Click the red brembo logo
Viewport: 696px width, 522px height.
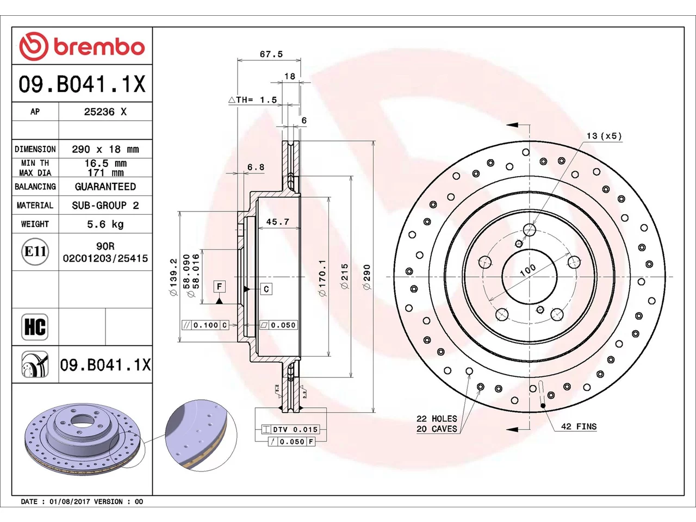pyautogui.click(x=82, y=46)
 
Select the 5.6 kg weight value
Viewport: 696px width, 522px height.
pyautogui.click(x=105, y=225)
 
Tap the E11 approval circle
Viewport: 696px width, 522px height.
pyautogui.click(x=35, y=252)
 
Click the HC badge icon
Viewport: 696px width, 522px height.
pyautogui.click(x=35, y=327)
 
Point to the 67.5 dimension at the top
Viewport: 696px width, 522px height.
pyautogui.click(x=271, y=54)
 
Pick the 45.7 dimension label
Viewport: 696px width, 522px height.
pyautogui.click(x=278, y=221)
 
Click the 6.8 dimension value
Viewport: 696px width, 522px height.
pyautogui.click(x=256, y=167)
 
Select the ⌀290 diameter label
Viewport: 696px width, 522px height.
pyautogui.click(x=367, y=277)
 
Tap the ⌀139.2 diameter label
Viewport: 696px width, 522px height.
pyautogui.click(x=173, y=277)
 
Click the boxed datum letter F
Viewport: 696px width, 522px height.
pyautogui.click(x=220, y=287)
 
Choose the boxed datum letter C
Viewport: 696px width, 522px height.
pyautogui.click(x=266, y=289)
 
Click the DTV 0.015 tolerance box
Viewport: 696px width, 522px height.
pyautogui.click(x=290, y=430)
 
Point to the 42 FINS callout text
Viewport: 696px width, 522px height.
pyautogui.click(x=579, y=427)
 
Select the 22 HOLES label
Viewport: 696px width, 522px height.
pyautogui.click(x=437, y=419)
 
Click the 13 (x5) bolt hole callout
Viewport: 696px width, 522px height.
pyautogui.click(x=604, y=136)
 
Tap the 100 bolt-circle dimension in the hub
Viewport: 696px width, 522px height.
pyautogui.click(x=527, y=270)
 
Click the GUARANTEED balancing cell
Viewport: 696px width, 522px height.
pyautogui.click(x=105, y=187)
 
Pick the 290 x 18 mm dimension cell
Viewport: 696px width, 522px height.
pyautogui.click(x=105, y=150)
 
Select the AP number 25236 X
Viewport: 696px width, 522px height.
pyautogui.click(x=105, y=111)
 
